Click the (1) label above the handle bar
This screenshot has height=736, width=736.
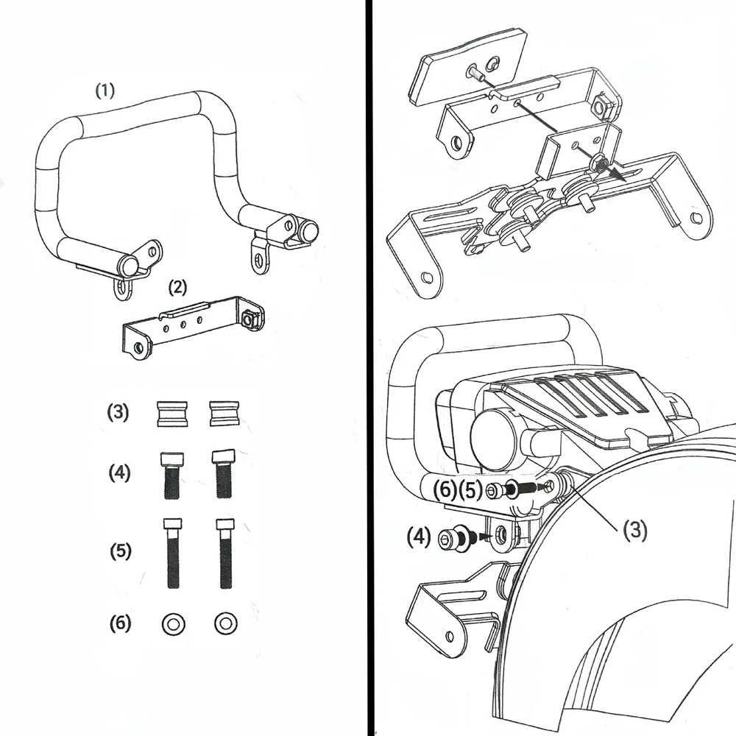[x=105, y=90]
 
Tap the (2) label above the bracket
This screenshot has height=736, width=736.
[x=177, y=287]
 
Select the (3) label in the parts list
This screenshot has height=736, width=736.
[x=118, y=412]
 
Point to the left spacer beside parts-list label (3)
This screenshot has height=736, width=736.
[x=172, y=414]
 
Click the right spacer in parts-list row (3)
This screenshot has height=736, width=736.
[x=224, y=414]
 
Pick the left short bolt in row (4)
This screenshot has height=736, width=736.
[x=172, y=475]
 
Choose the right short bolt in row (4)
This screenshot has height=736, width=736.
[x=224, y=474]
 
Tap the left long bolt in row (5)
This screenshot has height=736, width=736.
[x=173, y=553]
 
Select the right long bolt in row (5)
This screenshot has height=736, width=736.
[x=225, y=553]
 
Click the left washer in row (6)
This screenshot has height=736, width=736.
[x=174, y=624]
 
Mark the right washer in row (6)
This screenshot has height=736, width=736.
[x=226, y=623]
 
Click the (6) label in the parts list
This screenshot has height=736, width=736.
[x=120, y=623]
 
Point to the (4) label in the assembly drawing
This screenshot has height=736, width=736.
[x=419, y=537]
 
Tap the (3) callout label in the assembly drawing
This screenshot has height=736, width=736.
[x=634, y=530]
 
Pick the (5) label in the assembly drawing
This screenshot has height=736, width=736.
[x=470, y=490]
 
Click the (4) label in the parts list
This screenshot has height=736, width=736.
[x=119, y=473]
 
